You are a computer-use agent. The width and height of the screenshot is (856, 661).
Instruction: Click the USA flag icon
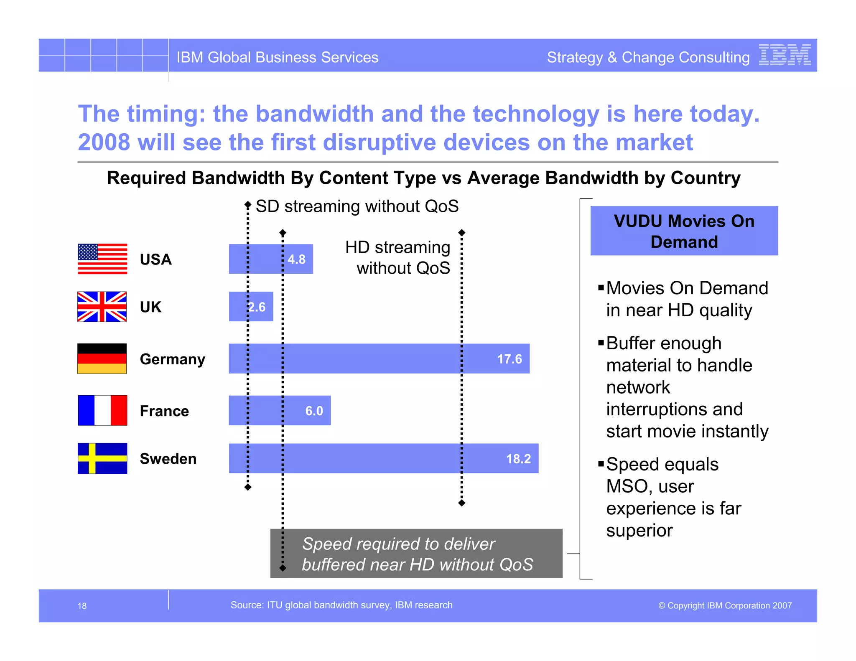pyautogui.click(x=102, y=259)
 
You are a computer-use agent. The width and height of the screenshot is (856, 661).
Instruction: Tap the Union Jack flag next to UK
pyautogui.click(x=102, y=307)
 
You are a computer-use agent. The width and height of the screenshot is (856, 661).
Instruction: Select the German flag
pyautogui.click(x=102, y=358)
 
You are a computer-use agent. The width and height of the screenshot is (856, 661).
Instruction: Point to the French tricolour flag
pyautogui.click(x=102, y=410)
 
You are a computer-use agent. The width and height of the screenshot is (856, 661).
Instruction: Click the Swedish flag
pyautogui.click(x=102, y=458)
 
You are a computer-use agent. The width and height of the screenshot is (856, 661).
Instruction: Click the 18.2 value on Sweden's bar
pyautogui.click(x=518, y=459)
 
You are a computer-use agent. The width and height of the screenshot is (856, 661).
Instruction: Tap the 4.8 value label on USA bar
pyautogui.click(x=296, y=259)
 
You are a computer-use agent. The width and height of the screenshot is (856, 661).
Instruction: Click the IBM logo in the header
pyautogui.click(x=785, y=55)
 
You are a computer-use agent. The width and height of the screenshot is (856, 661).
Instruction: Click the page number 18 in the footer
pyautogui.click(x=82, y=606)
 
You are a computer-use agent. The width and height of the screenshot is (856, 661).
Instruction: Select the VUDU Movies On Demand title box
pyautogui.click(x=684, y=231)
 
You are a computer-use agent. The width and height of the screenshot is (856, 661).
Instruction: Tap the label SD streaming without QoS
pyautogui.click(x=357, y=206)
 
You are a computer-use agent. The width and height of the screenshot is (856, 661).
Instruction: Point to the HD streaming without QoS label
pyautogui.click(x=398, y=257)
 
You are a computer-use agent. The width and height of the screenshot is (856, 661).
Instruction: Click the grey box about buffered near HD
pyautogui.click(x=416, y=554)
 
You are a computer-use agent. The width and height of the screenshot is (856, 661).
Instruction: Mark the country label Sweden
pyautogui.click(x=168, y=459)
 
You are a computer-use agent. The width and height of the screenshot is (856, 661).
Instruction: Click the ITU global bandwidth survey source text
pyautogui.click(x=341, y=605)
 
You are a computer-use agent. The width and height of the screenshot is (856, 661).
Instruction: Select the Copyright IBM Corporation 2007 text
pyautogui.click(x=725, y=605)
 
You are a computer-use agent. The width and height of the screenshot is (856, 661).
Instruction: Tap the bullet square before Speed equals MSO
pyautogui.click(x=601, y=463)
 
